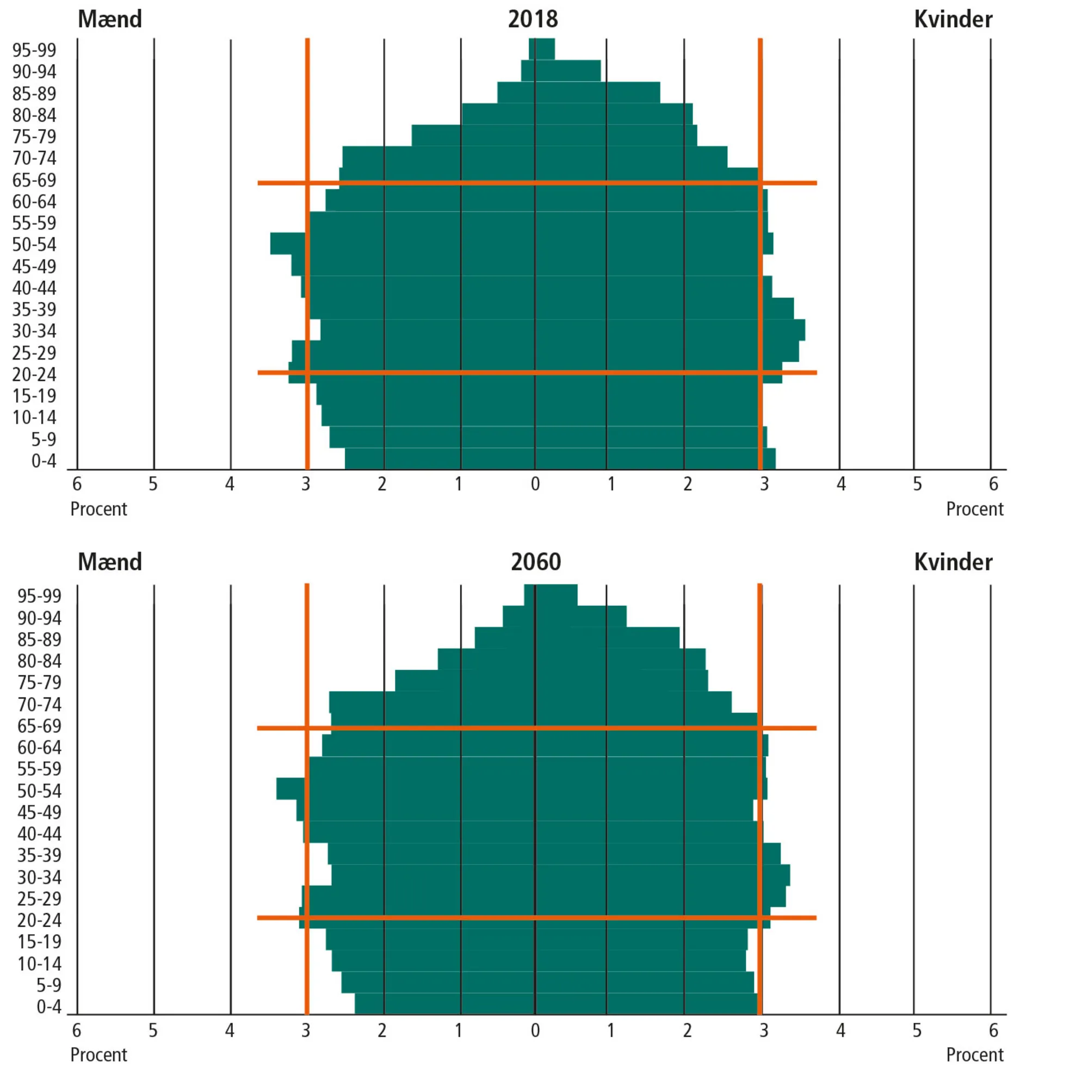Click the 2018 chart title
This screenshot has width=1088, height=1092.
(x=533, y=19)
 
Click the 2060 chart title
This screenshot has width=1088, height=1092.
(x=535, y=562)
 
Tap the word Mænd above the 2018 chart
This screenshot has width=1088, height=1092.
(x=110, y=19)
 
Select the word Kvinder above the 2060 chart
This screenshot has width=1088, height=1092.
(x=953, y=562)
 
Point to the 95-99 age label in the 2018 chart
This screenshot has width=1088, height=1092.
(x=34, y=50)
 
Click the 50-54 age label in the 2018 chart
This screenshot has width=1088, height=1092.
(x=34, y=245)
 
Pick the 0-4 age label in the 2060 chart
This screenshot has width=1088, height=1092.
(x=48, y=1007)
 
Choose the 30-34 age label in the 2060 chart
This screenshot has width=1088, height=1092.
(x=39, y=877)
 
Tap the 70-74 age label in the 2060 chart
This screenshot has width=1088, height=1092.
(x=39, y=704)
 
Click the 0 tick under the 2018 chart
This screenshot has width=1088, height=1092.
(x=535, y=484)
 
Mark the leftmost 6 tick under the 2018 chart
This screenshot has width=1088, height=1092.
(x=77, y=484)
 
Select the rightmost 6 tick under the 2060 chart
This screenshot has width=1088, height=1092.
(x=993, y=1031)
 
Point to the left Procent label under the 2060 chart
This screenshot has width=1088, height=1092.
(x=99, y=1054)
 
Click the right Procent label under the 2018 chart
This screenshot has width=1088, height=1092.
(x=974, y=509)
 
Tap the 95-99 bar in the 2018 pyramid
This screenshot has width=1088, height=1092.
(x=541, y=49)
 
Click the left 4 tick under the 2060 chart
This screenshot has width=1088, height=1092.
(x=230, y=1031)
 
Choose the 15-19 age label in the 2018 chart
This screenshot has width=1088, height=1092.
(x=34, y=396)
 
